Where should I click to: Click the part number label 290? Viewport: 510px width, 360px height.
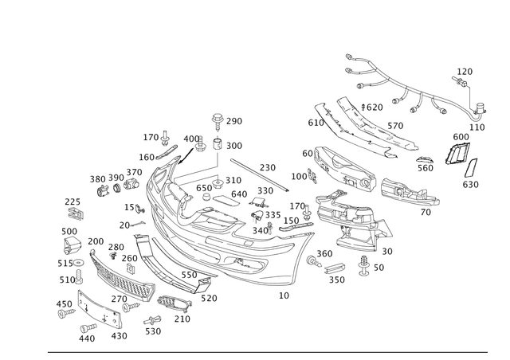click(234, 121)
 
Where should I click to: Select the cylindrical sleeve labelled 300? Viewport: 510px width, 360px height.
click(218, 144)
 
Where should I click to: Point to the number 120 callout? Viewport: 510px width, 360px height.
click(465, 72)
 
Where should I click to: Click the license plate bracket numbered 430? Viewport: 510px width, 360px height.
click(99, 309)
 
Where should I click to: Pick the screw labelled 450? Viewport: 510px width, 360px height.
click(66, 314)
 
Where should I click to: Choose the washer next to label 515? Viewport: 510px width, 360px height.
click(79, 262)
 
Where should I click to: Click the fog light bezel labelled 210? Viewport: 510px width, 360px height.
click(174, 303)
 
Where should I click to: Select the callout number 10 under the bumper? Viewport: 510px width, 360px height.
click(284, 295)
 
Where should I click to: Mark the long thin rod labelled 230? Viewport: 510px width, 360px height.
click(260, 175)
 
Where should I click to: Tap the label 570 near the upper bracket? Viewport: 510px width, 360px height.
click(395, 126)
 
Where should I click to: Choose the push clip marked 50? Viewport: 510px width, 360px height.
click(364, 265)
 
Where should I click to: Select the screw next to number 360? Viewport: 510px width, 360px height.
click(314, 261)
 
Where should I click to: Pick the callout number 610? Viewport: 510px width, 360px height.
click(316, 123)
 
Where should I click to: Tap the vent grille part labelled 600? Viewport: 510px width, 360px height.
click(457, 152)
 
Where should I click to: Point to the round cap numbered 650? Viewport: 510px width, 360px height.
click(206, 197)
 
